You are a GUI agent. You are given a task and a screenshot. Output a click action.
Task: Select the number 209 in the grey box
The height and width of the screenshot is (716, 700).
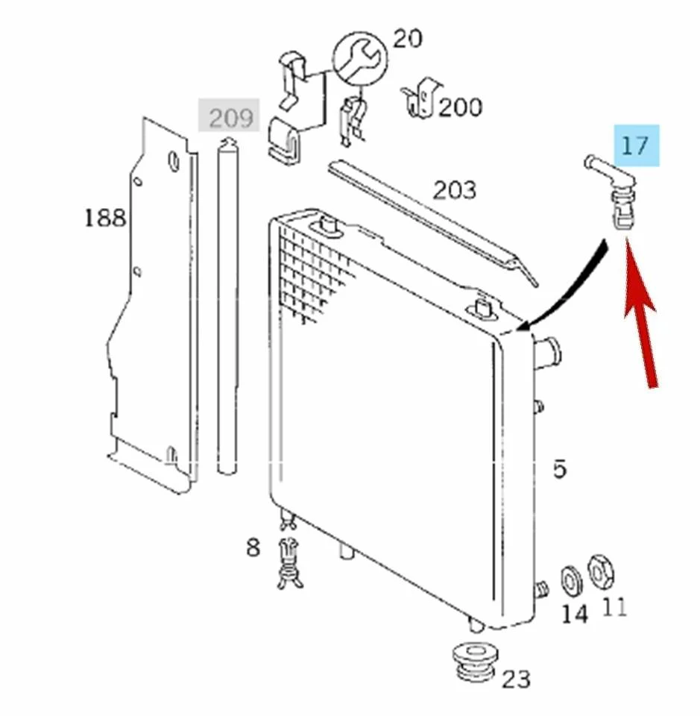[x=230, y=117]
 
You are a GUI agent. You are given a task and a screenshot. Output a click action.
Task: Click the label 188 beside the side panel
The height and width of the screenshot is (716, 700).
[x=105, y=218]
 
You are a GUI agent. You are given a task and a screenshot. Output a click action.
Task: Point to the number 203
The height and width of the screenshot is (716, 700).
[x=454, y=190]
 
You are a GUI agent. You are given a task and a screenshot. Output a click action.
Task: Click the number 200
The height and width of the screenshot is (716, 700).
[x=459, y=107]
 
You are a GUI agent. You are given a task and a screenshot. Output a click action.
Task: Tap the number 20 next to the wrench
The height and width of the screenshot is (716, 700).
[x=407, y=38]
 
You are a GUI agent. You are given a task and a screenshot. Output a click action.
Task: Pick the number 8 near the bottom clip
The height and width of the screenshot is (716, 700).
[x=253, y=547]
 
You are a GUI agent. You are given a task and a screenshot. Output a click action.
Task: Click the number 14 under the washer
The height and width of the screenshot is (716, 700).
[x=574, y=614]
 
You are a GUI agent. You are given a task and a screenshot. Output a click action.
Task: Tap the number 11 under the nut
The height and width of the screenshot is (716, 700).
[x=614, y=608]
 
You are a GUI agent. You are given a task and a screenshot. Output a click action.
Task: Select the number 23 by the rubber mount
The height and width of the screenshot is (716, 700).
[x=515, y=679]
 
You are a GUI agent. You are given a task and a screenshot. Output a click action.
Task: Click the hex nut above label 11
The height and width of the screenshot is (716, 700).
[x=600, y=571]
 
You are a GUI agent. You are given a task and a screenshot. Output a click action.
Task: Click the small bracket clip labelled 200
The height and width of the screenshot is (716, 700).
[x=420, y=98]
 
